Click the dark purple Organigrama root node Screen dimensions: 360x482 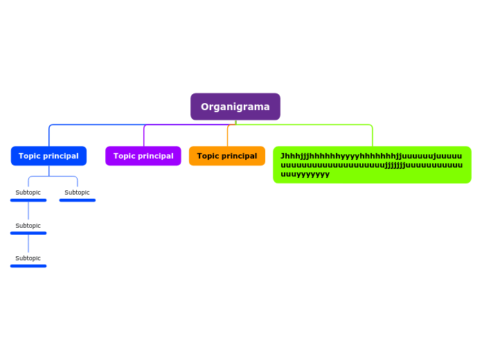pyautogui.click(x=235, y=107)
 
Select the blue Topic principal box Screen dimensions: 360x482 pyautogui.click(x=48, y=156)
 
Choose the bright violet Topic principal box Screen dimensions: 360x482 pyautogui.click(x=143, y=156)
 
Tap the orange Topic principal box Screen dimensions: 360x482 pyautogui.click(x=227, y=156)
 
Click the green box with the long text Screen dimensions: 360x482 pyautogui.click(x=372, y=165)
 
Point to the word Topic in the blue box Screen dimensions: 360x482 pyautogui.click(x=30, y=156)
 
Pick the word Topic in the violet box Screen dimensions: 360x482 pyautogui.click(x=125, y=156)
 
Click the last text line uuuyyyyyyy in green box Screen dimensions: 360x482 pyautogui.click(x=305, y=174)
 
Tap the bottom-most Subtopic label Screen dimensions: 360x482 pyautogui.click(x=28, y=258)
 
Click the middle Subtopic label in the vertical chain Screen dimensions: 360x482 pyautogui.click(x=28, y=226)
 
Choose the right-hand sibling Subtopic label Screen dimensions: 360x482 pyautogui.click(x=78, y=192)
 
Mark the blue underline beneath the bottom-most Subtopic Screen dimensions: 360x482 pyautogui.click(x=28, y=266)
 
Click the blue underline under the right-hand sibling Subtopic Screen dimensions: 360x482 pyautogui.click(x=78, y=200)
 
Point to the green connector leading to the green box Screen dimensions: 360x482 pyautogui.click(x=373, y=135)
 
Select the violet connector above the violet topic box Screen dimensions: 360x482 pyautogui.click(x=144, y=135)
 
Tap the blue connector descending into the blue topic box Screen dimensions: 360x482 pyautogui.click(x=49, y=135)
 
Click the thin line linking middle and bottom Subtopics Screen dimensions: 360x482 pyautogui.click(x=28, y=243)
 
